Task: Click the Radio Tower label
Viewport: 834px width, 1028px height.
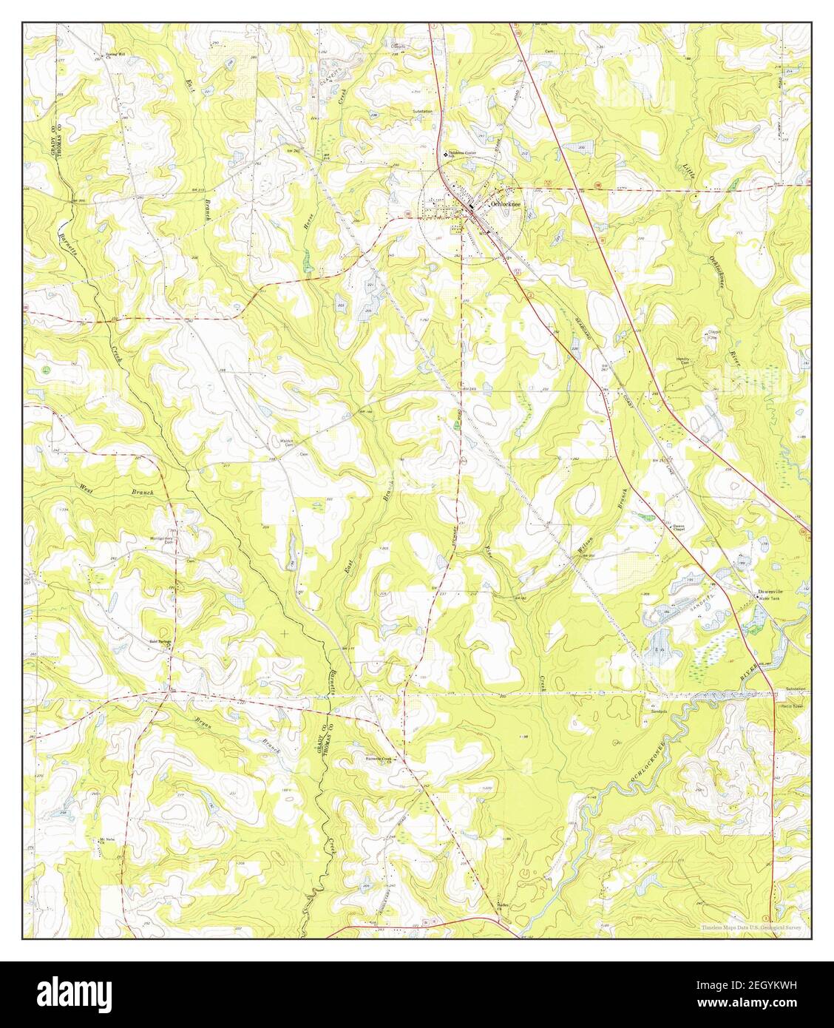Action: tap(793, 706)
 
